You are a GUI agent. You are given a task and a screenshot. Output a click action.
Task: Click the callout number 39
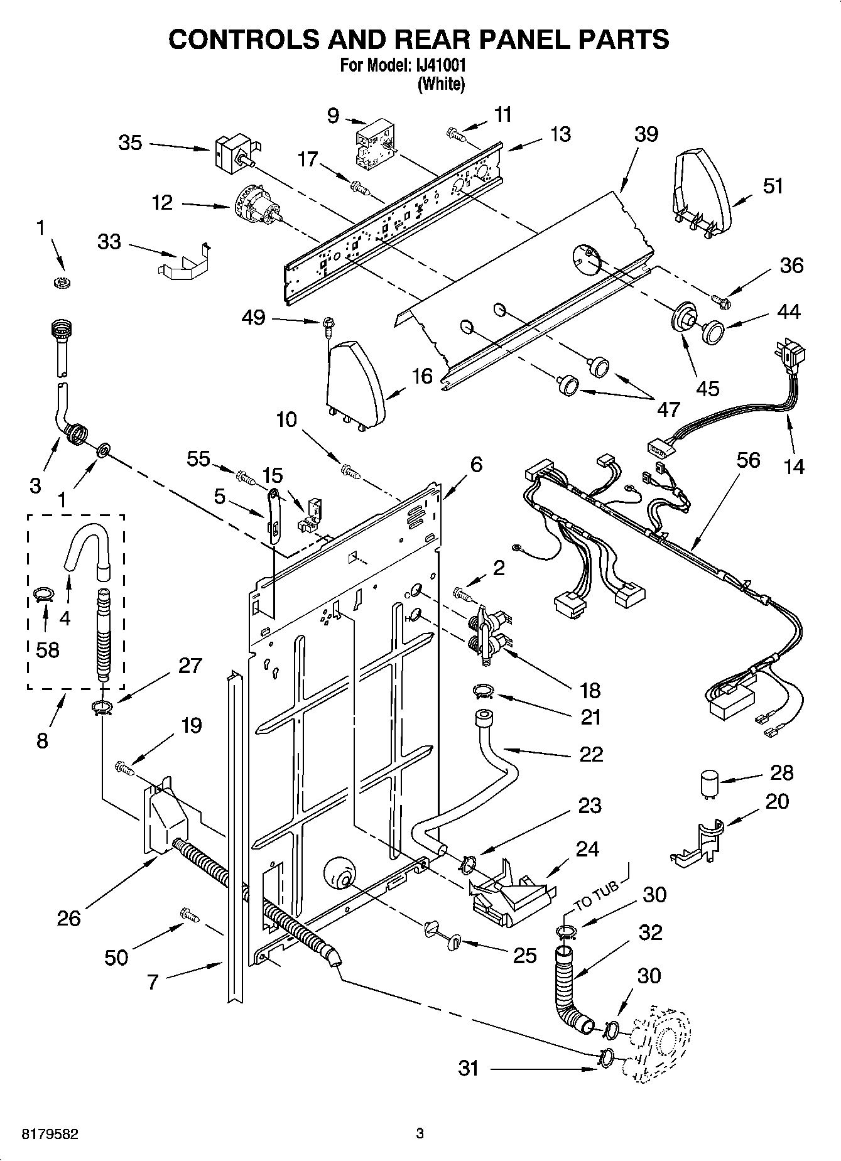tap(646, 134)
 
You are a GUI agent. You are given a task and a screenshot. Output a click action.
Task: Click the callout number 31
tap(469, 1067)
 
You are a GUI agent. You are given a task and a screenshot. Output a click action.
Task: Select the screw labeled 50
tap(189, 915)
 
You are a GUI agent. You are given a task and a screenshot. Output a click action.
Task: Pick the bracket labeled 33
tap(182, 261)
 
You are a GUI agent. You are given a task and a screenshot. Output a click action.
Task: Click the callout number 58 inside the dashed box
tap(48, 649)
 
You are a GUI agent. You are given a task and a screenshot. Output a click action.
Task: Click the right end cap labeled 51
tap(703, 188)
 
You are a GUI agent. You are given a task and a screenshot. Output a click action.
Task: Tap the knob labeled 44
tap(712, 331)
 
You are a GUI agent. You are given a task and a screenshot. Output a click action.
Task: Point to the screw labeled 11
tap(455, 133)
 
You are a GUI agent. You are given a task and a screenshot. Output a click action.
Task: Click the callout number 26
tap(68, 919)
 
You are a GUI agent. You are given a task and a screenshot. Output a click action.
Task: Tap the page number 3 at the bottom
tap(420, 1133)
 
